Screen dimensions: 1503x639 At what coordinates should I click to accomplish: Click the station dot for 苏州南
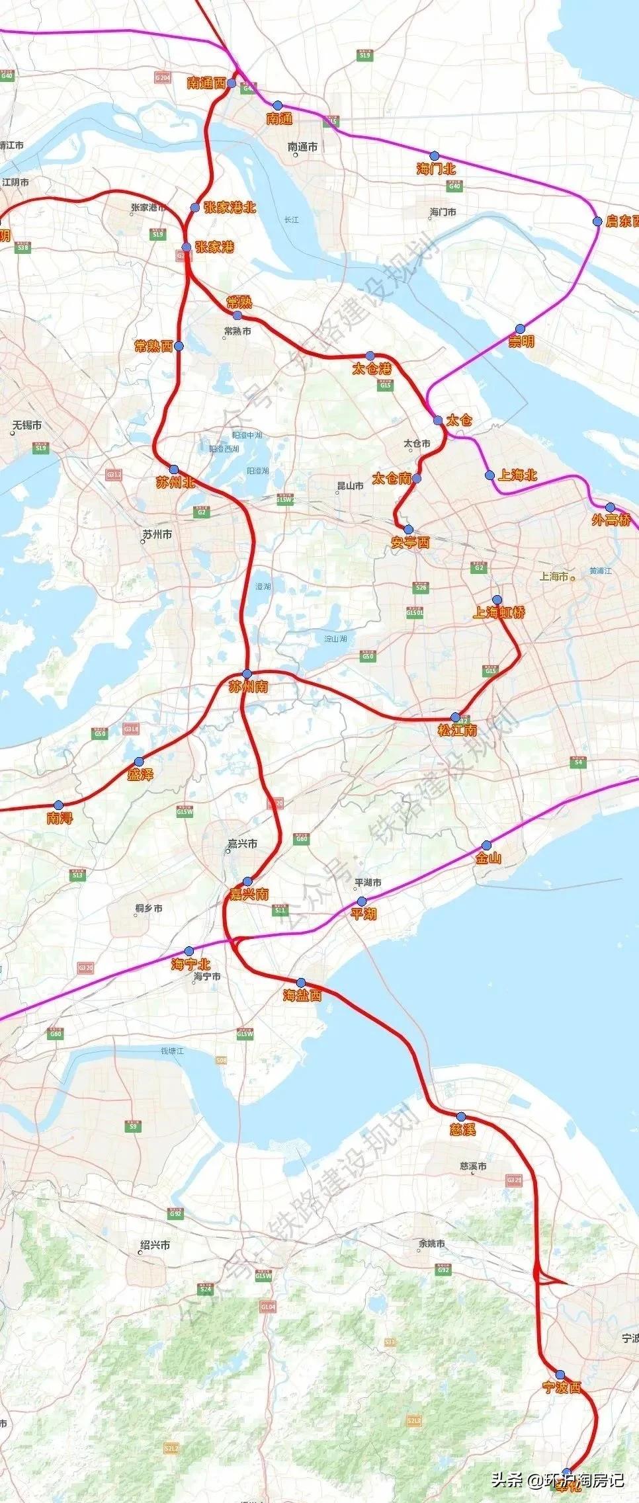(247, 673)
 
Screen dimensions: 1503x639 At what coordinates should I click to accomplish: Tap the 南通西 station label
(206, 83)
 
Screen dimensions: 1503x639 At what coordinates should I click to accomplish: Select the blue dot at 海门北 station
(434, 155)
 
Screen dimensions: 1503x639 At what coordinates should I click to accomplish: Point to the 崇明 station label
(521, 341)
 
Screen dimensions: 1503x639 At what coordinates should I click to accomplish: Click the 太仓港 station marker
(370, 356)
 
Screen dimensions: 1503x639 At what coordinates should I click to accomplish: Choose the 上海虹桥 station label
(499, 612)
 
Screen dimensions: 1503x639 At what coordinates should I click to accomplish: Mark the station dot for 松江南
(455, 717)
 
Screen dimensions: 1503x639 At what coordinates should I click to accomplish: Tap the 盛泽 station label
(140, 774)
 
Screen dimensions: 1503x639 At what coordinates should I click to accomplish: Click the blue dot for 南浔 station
(58, 805)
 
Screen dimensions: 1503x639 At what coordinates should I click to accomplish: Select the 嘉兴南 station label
(249, 894)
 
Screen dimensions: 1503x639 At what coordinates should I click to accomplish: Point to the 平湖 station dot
(362, 901)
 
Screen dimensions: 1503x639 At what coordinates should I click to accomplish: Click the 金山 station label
(488, 858)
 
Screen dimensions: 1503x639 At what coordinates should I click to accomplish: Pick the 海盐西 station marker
(301, 983)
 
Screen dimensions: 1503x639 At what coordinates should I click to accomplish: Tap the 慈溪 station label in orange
(462, 1129)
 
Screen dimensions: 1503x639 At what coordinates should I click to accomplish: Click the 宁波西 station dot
(560, 1374)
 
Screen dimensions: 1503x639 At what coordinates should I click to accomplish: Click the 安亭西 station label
(410, 543)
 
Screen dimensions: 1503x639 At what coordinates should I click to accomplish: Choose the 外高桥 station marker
(610, 507)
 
